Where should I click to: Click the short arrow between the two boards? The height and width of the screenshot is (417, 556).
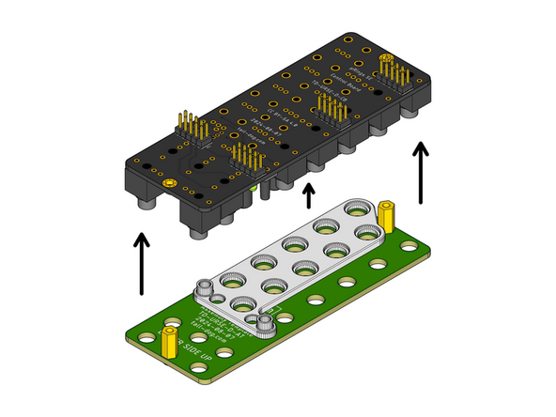pos(308,195)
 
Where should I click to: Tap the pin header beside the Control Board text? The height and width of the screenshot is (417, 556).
pos(331,110)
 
